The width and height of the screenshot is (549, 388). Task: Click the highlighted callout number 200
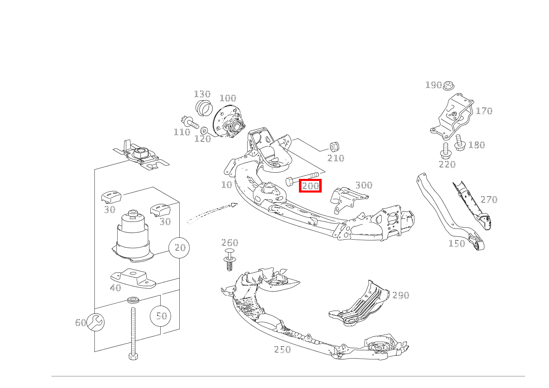click(x=310, y=186)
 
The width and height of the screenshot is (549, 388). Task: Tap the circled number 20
click(x=179, y=248)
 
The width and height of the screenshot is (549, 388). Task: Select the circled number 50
click(x=161, y=316)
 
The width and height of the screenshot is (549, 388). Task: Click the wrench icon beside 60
click(x=96, y=322)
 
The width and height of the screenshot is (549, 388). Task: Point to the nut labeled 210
click(x=334, y=147)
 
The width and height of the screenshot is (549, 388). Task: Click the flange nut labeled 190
click(x=448, y=85)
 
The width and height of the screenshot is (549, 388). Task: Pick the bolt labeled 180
click(x=459, y=142)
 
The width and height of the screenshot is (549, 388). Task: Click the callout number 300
click(x=364, y=185)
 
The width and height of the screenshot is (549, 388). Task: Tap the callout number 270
click(x=489, y=199)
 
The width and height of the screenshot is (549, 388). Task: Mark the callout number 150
click(x=457, y=243)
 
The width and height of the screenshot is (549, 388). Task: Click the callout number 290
click(x=401, y=295)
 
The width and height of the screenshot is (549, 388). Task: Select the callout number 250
click(x=282, y=349)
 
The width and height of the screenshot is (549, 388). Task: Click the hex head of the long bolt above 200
click(x=289, y=182)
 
